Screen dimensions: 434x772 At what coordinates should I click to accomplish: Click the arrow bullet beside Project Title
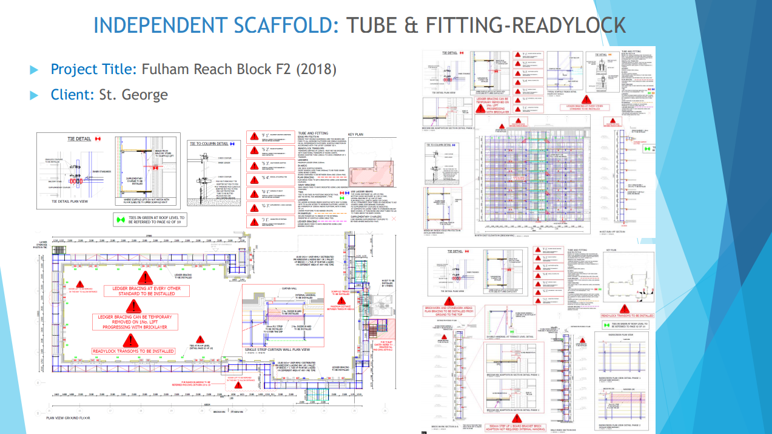[x=34, y=69]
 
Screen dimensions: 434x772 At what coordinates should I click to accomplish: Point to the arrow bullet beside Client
[x=34, y=95]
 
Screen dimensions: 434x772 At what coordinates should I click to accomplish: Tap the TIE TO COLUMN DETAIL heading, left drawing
[x=209, y=144]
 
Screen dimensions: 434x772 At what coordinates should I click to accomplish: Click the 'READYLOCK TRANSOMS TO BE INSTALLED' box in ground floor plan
[x=133, y=351]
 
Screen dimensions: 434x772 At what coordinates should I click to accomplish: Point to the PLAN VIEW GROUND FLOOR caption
[x=68, y=418]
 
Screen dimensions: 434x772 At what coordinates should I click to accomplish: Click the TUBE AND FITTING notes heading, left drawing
[x=312, y=132]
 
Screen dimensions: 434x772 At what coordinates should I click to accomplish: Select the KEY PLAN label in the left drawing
[x=355, y=135]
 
